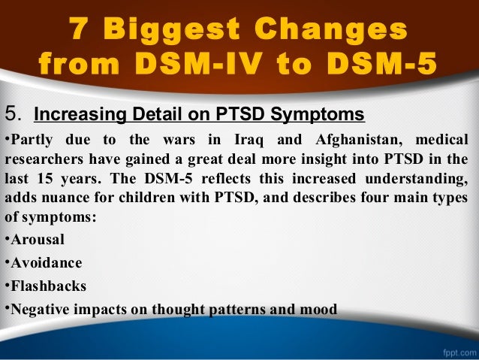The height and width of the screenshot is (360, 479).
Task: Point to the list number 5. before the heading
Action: click(14, 115)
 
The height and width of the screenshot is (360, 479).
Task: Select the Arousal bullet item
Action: click(38, 240)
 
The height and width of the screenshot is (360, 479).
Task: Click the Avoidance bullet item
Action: click(46, 263)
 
